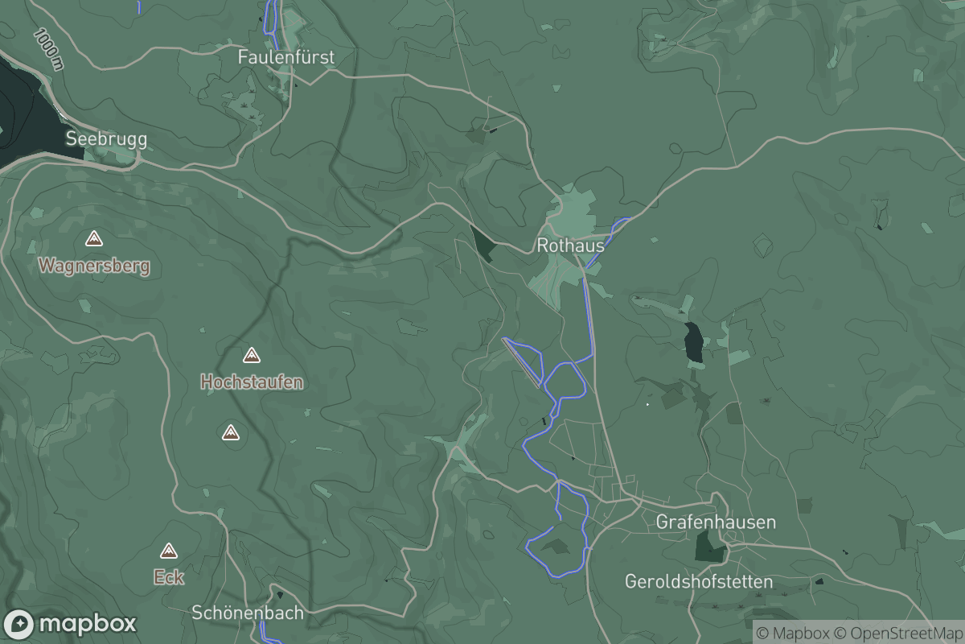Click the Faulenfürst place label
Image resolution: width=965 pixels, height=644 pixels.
[x=285, y=57]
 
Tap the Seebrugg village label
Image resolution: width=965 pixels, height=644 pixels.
[x=106, y=138]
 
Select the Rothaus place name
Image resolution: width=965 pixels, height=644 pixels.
[x=570, y=246]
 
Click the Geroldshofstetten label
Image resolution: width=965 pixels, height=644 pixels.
[x=698, y=581]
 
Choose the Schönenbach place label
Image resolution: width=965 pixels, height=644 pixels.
[x=248, y=613]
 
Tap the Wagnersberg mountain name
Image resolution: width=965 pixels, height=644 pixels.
[x=94, y=265]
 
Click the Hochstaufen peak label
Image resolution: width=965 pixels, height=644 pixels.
[x=252, y=382]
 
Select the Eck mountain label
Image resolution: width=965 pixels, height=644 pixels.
[x=169, y=576]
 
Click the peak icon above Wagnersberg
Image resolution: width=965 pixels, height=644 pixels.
[x=94, y=239]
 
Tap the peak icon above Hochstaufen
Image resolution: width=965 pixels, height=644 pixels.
[x=252, y=355]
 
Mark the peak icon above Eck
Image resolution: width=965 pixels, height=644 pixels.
[x=168, y=551]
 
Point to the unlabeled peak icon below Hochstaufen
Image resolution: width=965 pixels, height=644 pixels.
[x=231, y=433]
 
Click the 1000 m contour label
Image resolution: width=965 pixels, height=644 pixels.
[x=48, y=49]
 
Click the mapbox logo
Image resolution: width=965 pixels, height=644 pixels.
[x=70, y=624]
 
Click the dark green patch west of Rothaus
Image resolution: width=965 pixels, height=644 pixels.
[x=484, y=242]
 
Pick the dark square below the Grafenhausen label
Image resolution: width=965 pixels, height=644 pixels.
[x=709, y=547]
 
